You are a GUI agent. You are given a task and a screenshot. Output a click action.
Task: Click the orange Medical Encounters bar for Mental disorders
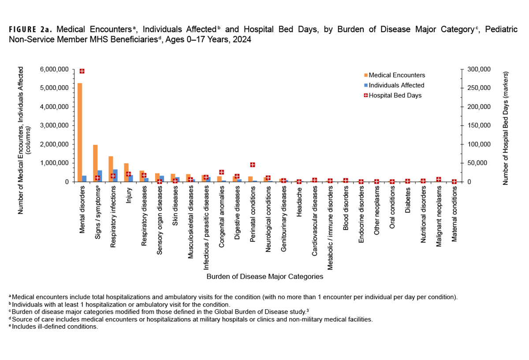click(80, 132)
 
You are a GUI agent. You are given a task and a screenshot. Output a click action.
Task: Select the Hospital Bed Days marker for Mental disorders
click(82, 71)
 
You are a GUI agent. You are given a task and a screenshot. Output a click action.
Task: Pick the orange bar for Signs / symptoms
click(95, 163)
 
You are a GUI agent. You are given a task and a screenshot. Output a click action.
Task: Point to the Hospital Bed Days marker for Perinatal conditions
click(253, 165)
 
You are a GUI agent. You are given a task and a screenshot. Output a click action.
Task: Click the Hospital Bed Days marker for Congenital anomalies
click(221, 172)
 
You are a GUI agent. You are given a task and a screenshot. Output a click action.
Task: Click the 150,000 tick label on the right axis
click(477, 126)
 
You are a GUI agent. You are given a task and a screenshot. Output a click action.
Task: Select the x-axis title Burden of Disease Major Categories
click(265, 277)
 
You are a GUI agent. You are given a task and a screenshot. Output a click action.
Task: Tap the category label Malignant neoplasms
click(439, 216)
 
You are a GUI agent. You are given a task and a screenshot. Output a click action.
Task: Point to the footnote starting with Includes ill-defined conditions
click(53, 327)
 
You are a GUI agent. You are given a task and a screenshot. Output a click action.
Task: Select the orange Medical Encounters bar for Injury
click(126, 172)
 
